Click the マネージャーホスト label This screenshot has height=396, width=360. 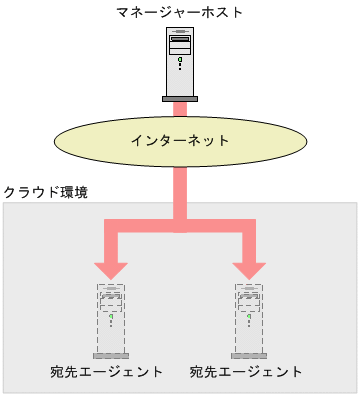[x=180, y=12]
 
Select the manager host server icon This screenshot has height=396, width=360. [x=180, y=62]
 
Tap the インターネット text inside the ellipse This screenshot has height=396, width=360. [x=180, y=141]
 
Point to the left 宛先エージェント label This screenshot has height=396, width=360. [x=106, y=372]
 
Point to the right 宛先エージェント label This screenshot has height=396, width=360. [x=246, y=372]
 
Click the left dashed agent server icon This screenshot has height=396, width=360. [x=111, y=320]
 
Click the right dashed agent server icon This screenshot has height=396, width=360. [x=249, y=320]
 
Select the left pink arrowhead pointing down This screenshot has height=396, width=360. [x=111, y=268]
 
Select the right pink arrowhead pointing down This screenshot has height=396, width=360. [x=249, y=268]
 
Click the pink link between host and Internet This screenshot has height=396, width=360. [x=180, y=108]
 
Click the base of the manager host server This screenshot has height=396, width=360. [x=180, y=97]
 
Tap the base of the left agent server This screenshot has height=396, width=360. [x=111, y=355]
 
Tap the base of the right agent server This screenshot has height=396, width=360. [x=249, y=355]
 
